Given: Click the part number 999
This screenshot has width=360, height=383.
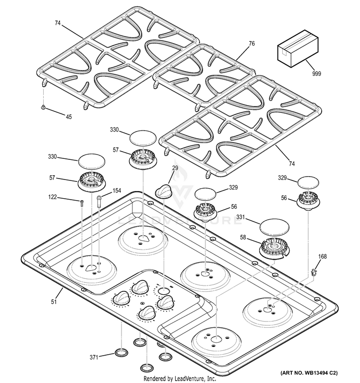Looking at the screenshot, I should click(x=316, y=74).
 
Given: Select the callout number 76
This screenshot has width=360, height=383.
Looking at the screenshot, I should click(x=252, y=43).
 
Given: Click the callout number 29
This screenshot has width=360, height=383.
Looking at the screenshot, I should click(x=175, y=168).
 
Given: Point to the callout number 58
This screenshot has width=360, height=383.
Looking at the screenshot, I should click(x=242, y=238).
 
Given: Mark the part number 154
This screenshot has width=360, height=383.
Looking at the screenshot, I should click(x=117, y=191).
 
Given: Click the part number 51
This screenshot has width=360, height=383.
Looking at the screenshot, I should click(x=54, y=302).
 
